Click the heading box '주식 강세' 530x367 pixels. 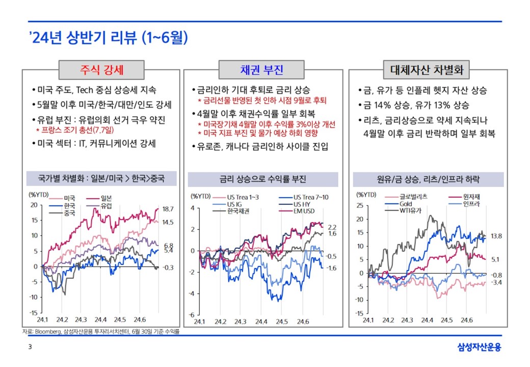click(101, 70)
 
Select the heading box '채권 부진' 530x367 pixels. click(262, 70)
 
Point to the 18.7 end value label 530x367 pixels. click(169, 209)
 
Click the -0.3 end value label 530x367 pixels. click(169, 268)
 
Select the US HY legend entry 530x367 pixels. click(301, 204)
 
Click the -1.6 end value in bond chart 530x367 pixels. click(331, 268)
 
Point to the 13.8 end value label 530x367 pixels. click(496, 237)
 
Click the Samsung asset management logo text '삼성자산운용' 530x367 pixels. click(480, 348)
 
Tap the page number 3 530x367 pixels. click(30, 348)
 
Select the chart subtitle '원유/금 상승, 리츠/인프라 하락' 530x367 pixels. click(428, 179)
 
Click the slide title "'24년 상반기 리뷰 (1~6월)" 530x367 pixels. click(109, 38)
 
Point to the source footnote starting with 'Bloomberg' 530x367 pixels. click(101, 331)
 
